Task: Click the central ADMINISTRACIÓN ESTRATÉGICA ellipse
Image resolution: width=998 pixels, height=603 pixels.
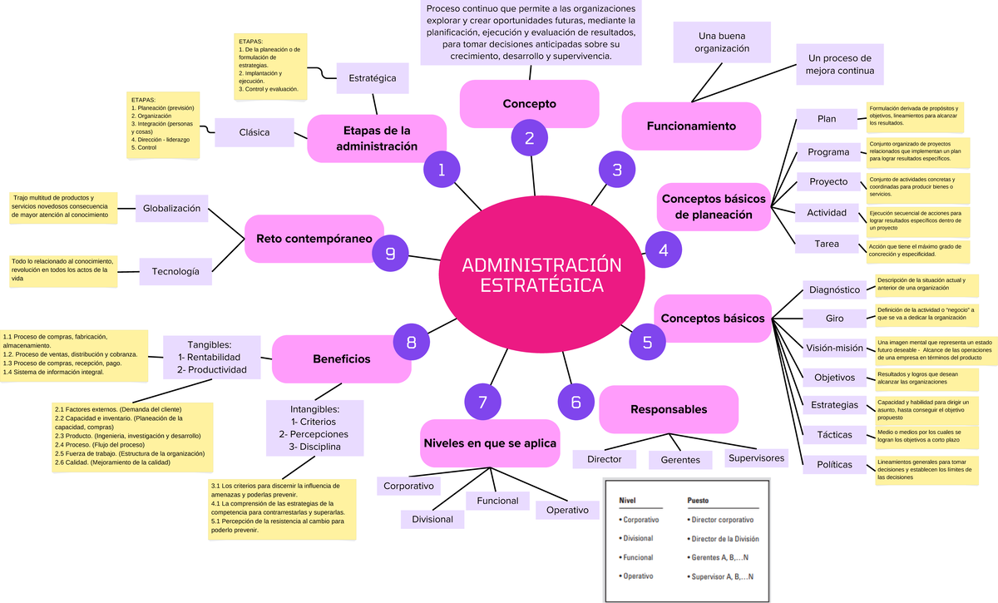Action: [541, 274]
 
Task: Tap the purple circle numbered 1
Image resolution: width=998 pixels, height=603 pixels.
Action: [442, 171]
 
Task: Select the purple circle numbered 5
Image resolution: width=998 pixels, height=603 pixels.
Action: [648, 341]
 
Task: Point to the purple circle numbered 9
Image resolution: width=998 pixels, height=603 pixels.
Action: [390, 253]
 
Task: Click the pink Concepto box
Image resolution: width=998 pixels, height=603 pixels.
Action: [529, 104]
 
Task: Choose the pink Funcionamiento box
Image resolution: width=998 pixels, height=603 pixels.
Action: [691, 126]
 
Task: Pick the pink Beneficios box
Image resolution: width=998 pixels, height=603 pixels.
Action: [341, 358]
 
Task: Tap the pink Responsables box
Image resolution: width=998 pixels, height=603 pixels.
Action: [669, 409]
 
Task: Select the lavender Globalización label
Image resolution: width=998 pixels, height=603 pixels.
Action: [171, 209]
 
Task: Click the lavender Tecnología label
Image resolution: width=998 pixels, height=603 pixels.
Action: [175, 271]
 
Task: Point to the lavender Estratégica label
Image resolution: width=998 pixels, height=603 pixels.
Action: [373, 78]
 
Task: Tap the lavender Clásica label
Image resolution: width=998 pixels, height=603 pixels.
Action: [254, 132]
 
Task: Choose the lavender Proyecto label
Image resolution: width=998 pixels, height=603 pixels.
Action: [828, 182]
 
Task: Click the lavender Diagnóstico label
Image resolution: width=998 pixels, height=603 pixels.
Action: [834, 289]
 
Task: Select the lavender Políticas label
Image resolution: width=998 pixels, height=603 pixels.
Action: [834, 465]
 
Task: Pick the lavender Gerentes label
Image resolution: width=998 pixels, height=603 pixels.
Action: [680, 460]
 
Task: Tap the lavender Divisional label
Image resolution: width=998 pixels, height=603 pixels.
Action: [432, 519]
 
